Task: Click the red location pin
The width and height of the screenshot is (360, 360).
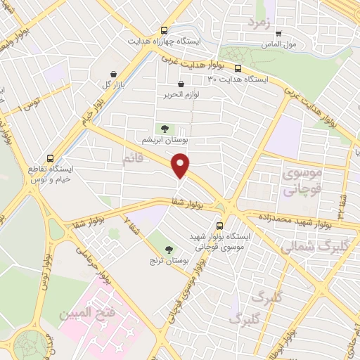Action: coord(181,166)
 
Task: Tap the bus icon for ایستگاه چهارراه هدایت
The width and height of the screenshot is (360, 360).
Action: coord(164,30)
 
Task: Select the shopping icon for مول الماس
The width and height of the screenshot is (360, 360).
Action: coord(278,32)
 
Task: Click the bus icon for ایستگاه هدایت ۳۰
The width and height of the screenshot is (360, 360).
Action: coord(238,69)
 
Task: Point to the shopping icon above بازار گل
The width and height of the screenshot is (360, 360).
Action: coord(113,73)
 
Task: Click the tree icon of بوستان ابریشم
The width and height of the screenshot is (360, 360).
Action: coord(165,129)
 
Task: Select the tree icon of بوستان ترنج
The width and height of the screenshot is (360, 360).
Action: coord(169,249)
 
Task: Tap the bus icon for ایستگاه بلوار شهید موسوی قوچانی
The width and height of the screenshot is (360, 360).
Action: coord(220,226)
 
